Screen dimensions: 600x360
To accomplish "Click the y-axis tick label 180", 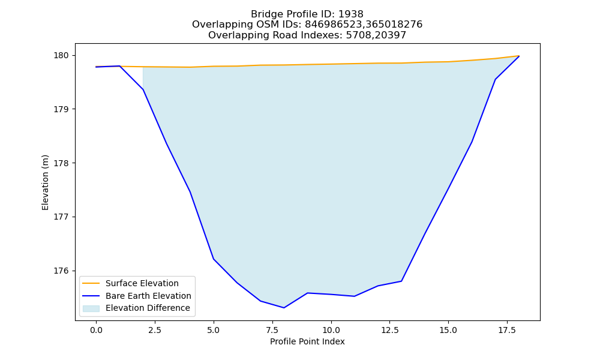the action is [x=61, y=56].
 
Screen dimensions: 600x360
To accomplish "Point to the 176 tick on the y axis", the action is [x=61, y=271].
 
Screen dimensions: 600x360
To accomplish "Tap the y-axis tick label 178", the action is [x=61, y=163].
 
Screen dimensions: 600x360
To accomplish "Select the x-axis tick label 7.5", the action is [x=272, y=330].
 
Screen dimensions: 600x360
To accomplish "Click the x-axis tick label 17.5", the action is [x=507, y=330].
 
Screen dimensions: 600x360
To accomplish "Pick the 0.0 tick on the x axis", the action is [x=96, y=330].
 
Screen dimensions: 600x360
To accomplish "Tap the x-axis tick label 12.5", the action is [x=389, y=330].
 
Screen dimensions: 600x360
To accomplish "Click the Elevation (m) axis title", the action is [x=45, y=182].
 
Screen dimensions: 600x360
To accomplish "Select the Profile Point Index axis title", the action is [x=307, y=341].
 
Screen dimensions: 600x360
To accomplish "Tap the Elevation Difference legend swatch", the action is [x=91, y=308].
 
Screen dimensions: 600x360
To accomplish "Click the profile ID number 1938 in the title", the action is [x=351, y=14].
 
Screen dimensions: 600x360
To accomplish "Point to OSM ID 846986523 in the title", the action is [x=333, y=25].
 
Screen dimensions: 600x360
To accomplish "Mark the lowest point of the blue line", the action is [x=284, y=308].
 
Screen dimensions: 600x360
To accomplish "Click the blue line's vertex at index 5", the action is [x=214, y=259].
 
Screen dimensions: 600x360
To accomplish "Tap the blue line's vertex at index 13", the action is [x=401, y=281].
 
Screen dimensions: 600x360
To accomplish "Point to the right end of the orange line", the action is [x=519, y=56].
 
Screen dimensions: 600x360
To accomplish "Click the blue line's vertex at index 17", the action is [x=495, y=79].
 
